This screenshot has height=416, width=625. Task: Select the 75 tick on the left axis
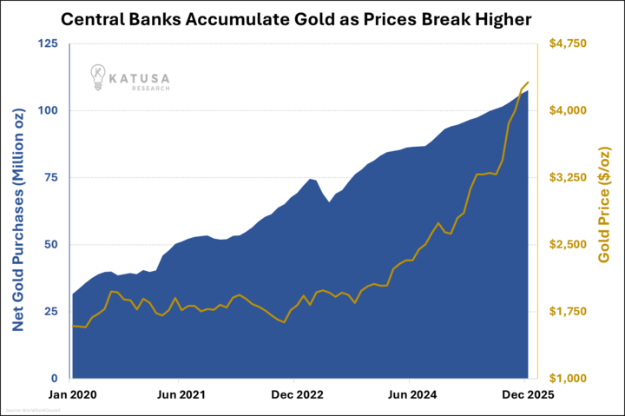tap(49, 177)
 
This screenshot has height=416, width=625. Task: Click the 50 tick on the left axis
tap(49, 244)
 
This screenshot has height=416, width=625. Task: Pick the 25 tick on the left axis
tap(49, 311)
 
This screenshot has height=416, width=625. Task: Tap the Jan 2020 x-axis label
tap(72, 394)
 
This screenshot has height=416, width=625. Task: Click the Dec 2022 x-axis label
tap(294, 394)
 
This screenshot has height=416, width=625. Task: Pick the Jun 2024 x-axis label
tap(410, 394)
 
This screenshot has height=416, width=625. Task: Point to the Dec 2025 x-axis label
tap(524, 394)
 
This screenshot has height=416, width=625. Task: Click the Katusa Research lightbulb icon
tap(101, 78)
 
